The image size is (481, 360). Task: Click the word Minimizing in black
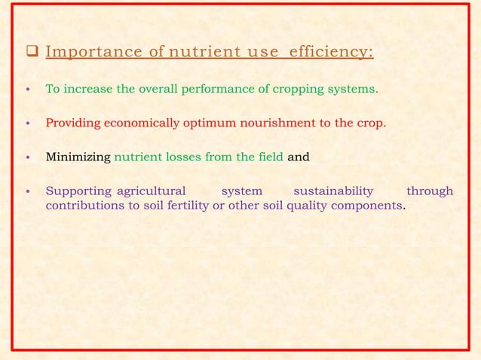coord(78,157)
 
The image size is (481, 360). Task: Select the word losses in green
coord(185,157)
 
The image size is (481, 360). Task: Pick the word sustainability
coord(332,191)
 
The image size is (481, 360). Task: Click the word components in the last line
coord(369,205)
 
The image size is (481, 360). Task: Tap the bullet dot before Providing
coord(28,124)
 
